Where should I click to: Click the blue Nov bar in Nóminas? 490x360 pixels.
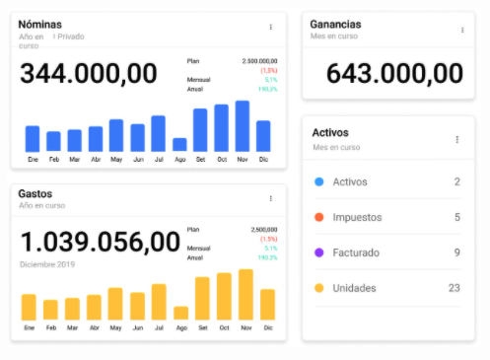coord(243,126)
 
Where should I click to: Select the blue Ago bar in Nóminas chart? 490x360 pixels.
coord(179,144)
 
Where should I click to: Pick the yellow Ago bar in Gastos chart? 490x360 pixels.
coord(181,313)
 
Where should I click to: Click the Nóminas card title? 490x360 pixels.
coord(40,24)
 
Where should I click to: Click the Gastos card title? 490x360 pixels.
coord(35,193)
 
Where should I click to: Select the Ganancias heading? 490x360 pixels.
coord(335,25)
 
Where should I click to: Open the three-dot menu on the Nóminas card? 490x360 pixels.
coord(271,28)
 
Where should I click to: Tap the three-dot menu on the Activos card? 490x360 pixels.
coord(457,139)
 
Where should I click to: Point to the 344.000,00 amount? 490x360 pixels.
coord(89,73)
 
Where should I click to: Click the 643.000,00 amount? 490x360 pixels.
coord(394,73)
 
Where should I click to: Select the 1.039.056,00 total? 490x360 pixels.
coord(101,242)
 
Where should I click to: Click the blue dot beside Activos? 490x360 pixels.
coord(318,181)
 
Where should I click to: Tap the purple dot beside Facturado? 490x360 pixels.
coord(318,252)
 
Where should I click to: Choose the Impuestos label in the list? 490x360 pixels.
coord(357,217)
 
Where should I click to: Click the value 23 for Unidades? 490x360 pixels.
coord(454,288)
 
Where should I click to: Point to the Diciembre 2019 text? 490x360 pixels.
coord(47,264)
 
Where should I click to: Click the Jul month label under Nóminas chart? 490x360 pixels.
coord(158,159)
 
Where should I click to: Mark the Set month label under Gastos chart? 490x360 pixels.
coord(202,327)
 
